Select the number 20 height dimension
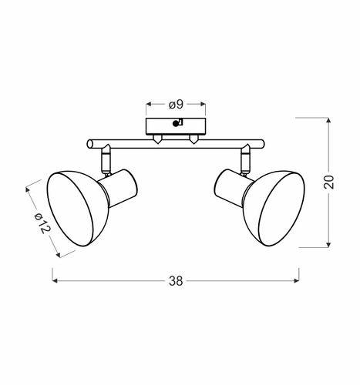pyautogui.click(x=329, y=182)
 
